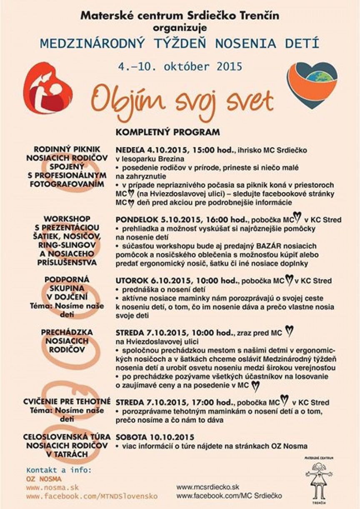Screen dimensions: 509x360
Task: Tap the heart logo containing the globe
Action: (312, 85)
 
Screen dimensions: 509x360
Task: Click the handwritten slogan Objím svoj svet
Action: (182, 99)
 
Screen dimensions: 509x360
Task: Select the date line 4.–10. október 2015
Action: (180, 66)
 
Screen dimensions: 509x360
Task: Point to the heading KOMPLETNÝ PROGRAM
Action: (167, 133)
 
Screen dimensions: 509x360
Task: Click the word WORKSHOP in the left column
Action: (67, 218)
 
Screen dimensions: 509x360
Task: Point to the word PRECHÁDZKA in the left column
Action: (67, 332)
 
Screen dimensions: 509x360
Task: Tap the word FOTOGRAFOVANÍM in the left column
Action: (67, 184)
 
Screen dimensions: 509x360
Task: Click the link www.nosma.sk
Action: (52, 487)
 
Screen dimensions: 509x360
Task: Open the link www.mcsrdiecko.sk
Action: (207, 487)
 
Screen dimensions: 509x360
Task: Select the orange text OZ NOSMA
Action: (43, 479)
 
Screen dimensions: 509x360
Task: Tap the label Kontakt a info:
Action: (58, 470)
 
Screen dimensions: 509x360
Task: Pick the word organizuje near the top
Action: (180, 28)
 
